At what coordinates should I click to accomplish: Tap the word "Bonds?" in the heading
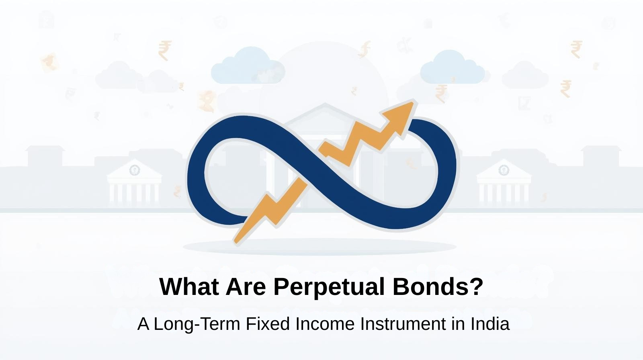tap(438, 286)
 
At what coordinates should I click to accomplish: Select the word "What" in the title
tap(189, 286)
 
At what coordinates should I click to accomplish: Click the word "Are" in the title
tap(246, 286)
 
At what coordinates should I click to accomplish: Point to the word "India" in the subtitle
tap(490, 324)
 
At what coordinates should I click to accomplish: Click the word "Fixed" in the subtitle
tap(268, 324)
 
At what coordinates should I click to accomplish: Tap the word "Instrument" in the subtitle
tap(403, 324)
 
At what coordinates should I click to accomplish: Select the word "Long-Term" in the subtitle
tap(197, 324)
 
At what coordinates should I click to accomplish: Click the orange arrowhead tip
tap(414, 102)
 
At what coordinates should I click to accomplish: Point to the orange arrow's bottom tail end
tap(236, 242)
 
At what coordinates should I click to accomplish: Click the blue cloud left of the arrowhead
tap(248, 65)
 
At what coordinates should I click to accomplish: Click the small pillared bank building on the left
tap(134, 182)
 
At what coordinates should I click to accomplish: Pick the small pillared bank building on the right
tap(504, 182)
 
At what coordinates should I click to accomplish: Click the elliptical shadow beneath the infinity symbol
tap(319, 247)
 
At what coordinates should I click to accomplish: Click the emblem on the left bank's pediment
tap(134, 170)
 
